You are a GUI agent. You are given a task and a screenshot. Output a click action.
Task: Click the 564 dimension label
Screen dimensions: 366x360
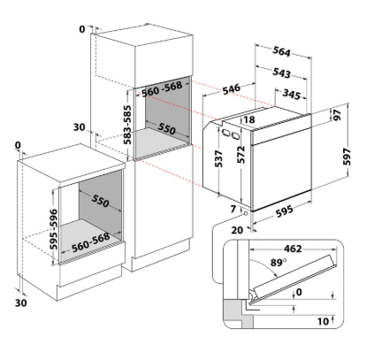tap(281, 51)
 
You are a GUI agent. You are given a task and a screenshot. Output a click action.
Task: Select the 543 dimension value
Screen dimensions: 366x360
tap(281, 73)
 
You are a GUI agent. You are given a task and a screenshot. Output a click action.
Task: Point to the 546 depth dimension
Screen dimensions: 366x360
tap(231, 88)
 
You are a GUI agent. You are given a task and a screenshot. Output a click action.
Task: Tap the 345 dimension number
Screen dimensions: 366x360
tap(292, 94)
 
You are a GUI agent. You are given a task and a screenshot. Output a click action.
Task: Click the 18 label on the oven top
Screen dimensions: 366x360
tap(249, 119)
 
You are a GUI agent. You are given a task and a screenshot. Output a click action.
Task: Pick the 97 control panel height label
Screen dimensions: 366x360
tap(337, 115)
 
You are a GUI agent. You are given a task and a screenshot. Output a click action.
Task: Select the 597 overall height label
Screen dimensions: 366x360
tap(347, 157)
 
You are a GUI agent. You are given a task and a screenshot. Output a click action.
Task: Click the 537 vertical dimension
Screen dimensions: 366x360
tap(218, 158)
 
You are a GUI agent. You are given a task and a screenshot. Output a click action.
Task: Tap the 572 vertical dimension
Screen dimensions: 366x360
tap(241, 155)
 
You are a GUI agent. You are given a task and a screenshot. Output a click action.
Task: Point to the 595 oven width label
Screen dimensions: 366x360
tap(285, 211)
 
